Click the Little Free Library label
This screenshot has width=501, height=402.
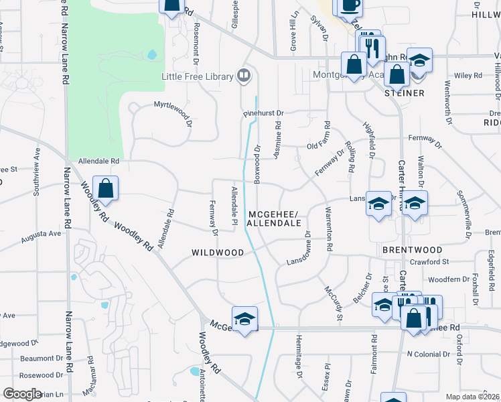point(197,76)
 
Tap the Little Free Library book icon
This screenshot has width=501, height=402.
point(244,76)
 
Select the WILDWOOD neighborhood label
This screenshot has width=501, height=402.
point(217,253)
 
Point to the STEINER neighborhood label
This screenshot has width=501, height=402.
point(405,93)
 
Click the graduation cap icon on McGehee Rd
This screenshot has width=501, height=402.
point(244,319)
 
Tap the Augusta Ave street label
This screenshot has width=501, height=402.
point(41,234)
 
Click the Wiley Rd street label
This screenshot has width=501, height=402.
point(468,76)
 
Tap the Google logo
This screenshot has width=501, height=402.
point(23,394)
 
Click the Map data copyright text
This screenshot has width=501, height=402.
point(473,397)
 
